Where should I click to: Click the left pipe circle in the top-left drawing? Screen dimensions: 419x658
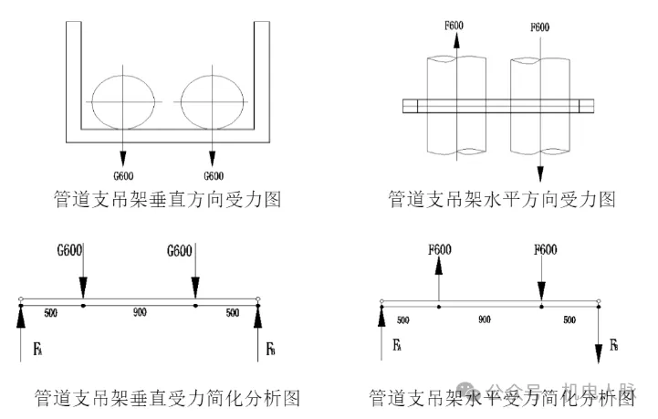coord(123,99)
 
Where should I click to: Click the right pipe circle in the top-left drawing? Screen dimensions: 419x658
coord(213,99)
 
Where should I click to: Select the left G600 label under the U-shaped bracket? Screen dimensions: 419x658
coord(122,175)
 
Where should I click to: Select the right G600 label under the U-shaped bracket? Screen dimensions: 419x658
coord(213,175)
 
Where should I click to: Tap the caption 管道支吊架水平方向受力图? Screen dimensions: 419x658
coord(502,198)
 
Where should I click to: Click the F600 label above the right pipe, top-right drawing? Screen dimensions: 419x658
coord(540,27)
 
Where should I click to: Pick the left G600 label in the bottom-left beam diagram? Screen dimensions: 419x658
coord(70,248)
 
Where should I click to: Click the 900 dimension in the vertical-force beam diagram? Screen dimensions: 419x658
coord(140,313)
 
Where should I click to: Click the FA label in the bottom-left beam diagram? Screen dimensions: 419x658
coord(37,348)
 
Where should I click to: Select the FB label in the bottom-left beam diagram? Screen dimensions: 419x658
coord(270,349)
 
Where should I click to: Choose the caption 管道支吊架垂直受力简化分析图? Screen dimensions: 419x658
coord(167,399)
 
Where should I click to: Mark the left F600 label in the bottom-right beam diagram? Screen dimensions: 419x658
coord(439,249)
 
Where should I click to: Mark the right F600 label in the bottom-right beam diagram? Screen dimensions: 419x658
coord(546,249)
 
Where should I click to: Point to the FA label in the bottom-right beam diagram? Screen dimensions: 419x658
coord(398,346)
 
